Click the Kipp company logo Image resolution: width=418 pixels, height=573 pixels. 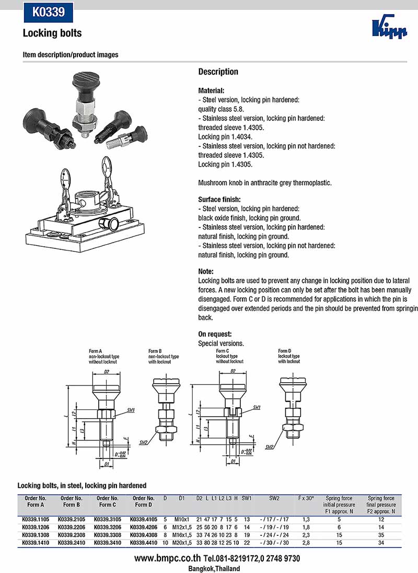pyautogui.click(x=389, y=28)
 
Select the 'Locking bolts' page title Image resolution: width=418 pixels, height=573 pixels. pyautogui.click(x=52, y=33)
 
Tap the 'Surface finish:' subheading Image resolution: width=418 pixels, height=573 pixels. pyautogui.click(x=219, y=200)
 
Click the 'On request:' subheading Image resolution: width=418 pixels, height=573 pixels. pyautogui.click(x=215, y=334)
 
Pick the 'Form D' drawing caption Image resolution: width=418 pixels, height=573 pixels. pyautogui.click(x=283, y=351)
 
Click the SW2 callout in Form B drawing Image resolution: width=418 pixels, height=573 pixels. pyautogui.click(x=143, y=442)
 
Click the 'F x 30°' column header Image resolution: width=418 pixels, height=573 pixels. pyautogui.click(x=306, y=498)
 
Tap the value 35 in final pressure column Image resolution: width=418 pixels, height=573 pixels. pyautogui.click(x=381, y=535)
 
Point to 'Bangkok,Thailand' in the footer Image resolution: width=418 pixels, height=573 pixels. pyautogui.click(x=214, y=568)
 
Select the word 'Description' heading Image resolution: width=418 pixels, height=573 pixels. pyautogui.click(x=218, y=72)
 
